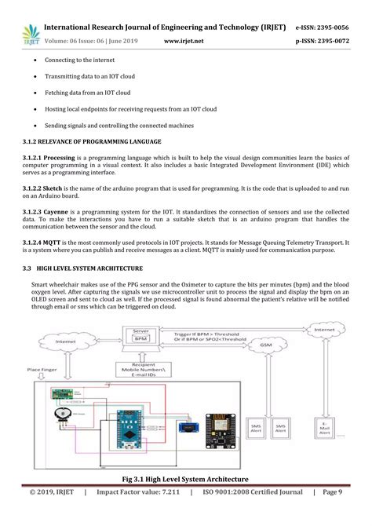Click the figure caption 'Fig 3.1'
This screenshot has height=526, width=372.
[x=186, y=479]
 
